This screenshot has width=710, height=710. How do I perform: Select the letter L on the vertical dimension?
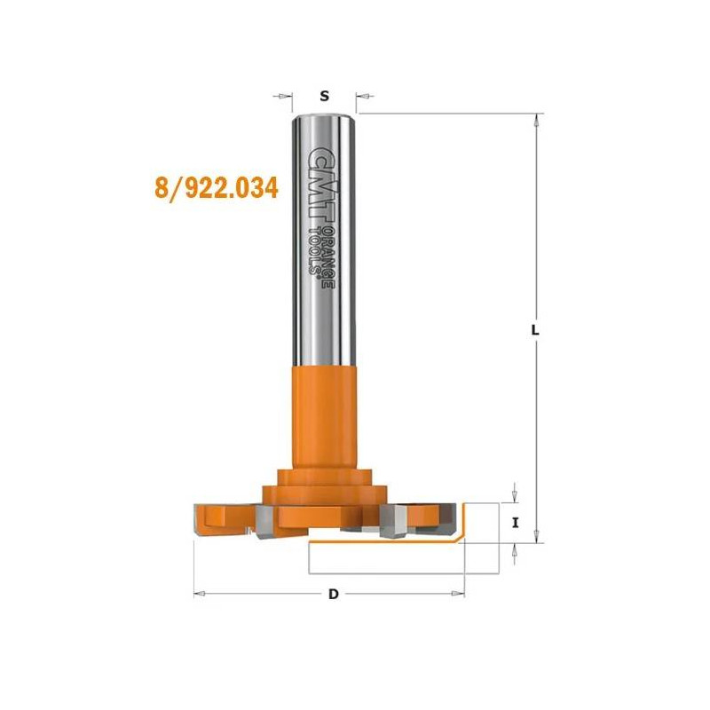[x=534, y=329]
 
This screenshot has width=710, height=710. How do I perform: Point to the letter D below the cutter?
[x=334, y=594]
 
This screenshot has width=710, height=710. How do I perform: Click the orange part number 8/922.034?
[x=216, y=188]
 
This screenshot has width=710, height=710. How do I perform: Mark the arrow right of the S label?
[x=364, y=96]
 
